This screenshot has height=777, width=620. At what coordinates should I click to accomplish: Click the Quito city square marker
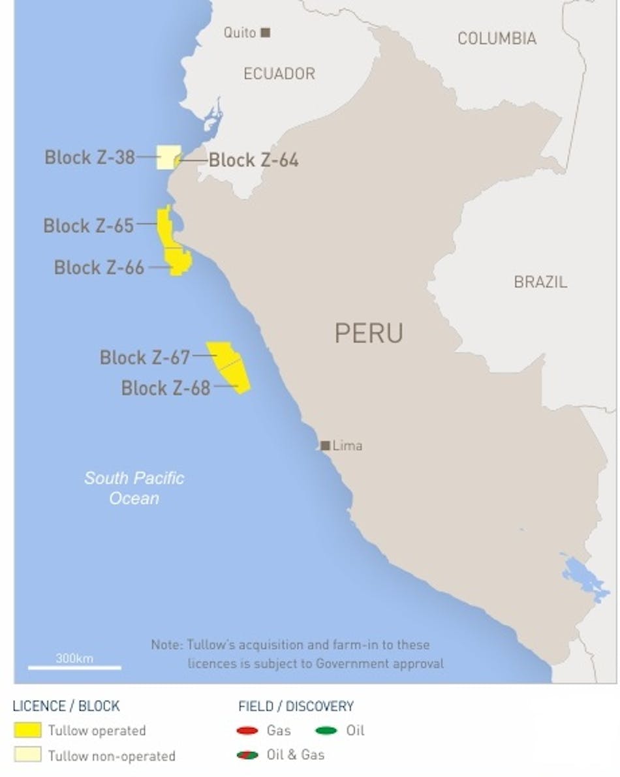[x=265, y=32]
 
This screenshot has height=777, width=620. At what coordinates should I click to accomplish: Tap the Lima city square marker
[x=325, y=446]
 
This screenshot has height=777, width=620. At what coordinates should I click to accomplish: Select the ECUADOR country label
[x=279, y=74]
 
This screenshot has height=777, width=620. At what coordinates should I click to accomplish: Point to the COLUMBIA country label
[x=497, y=38]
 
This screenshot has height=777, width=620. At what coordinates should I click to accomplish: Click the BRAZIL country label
[x=540, y=282]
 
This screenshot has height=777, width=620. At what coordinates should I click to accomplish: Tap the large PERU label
[x=369, y=333]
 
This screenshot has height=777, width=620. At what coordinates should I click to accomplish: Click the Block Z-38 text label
[x=89, y=157]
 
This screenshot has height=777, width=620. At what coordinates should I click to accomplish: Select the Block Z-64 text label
[x=253, y=160]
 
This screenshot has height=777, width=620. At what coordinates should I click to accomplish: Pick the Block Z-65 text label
[x=88, y=226]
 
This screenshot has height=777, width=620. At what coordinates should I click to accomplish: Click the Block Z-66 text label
[x=99, y=267]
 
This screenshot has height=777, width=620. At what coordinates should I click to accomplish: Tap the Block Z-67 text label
[x=144, y=358]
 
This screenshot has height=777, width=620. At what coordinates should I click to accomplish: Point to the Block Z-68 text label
[x=166, y=388]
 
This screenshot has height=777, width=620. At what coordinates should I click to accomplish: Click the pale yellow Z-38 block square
[x=167, y=157]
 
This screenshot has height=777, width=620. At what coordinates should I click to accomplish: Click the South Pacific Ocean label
[x=134, y=488]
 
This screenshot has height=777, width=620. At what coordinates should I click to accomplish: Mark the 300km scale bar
[x=74, y=667]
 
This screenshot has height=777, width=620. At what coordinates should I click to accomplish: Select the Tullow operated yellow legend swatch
[x=27, y=730]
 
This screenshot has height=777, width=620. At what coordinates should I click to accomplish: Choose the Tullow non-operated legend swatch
[x=27, y=755]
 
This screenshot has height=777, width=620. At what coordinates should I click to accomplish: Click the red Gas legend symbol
[x=249, y=731]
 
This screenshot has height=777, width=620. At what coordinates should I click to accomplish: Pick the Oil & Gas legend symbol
[x=249, y=755]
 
